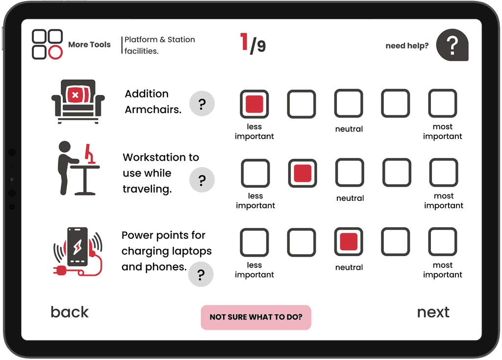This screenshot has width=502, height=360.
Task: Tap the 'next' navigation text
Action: [x=433, y=312]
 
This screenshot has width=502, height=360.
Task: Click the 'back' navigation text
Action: [x=70, y=312]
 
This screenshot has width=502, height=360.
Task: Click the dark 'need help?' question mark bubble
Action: [x=452, y=45]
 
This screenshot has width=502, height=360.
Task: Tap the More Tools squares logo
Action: [x=48, y=45]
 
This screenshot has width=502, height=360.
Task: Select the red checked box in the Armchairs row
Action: [x=254, y=104]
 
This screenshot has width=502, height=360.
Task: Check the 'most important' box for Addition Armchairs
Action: [x=442, y=104]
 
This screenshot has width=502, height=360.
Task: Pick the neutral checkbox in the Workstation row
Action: [x=350, y=173]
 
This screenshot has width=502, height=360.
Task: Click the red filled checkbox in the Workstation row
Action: [x=302, y=173]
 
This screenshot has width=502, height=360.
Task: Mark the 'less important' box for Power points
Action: [x=254, y=242]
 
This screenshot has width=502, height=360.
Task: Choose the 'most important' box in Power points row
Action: [x=442, y=242]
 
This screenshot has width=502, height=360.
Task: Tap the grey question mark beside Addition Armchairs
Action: [x=201, y=104]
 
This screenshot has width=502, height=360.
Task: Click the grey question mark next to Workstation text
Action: [x=201, y=180]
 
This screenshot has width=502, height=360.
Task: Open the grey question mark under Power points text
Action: [x=201, y=274]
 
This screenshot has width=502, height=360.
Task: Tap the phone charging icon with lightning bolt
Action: [x=77, y=250]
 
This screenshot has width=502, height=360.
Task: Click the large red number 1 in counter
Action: [x=244, y=42]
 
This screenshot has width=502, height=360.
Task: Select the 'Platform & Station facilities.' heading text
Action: [x=159, y=45]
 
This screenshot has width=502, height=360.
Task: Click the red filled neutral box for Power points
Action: [x=349, y=242]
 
